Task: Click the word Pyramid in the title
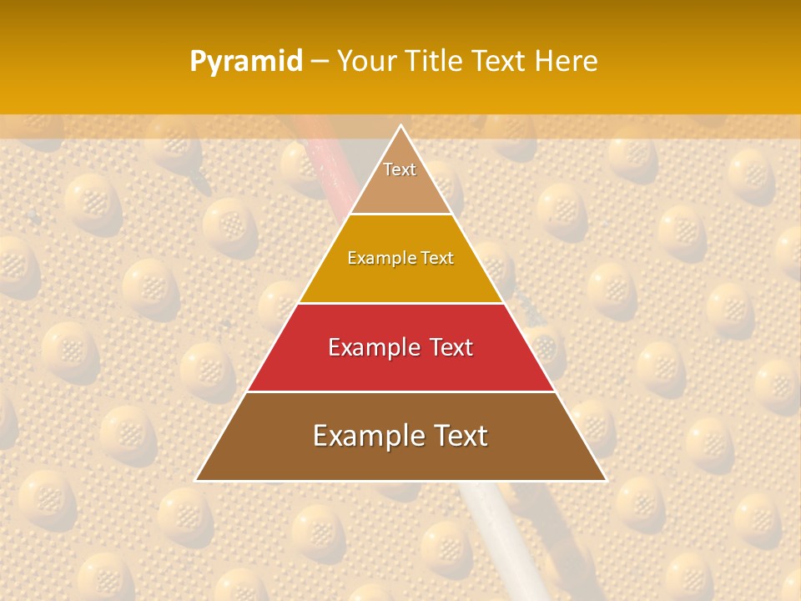click(245, 62)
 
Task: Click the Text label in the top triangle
click(400, 169)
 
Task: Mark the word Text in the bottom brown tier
click(458, 436)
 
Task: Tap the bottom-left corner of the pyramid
click(196, 480)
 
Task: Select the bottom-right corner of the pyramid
click(606, 480)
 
